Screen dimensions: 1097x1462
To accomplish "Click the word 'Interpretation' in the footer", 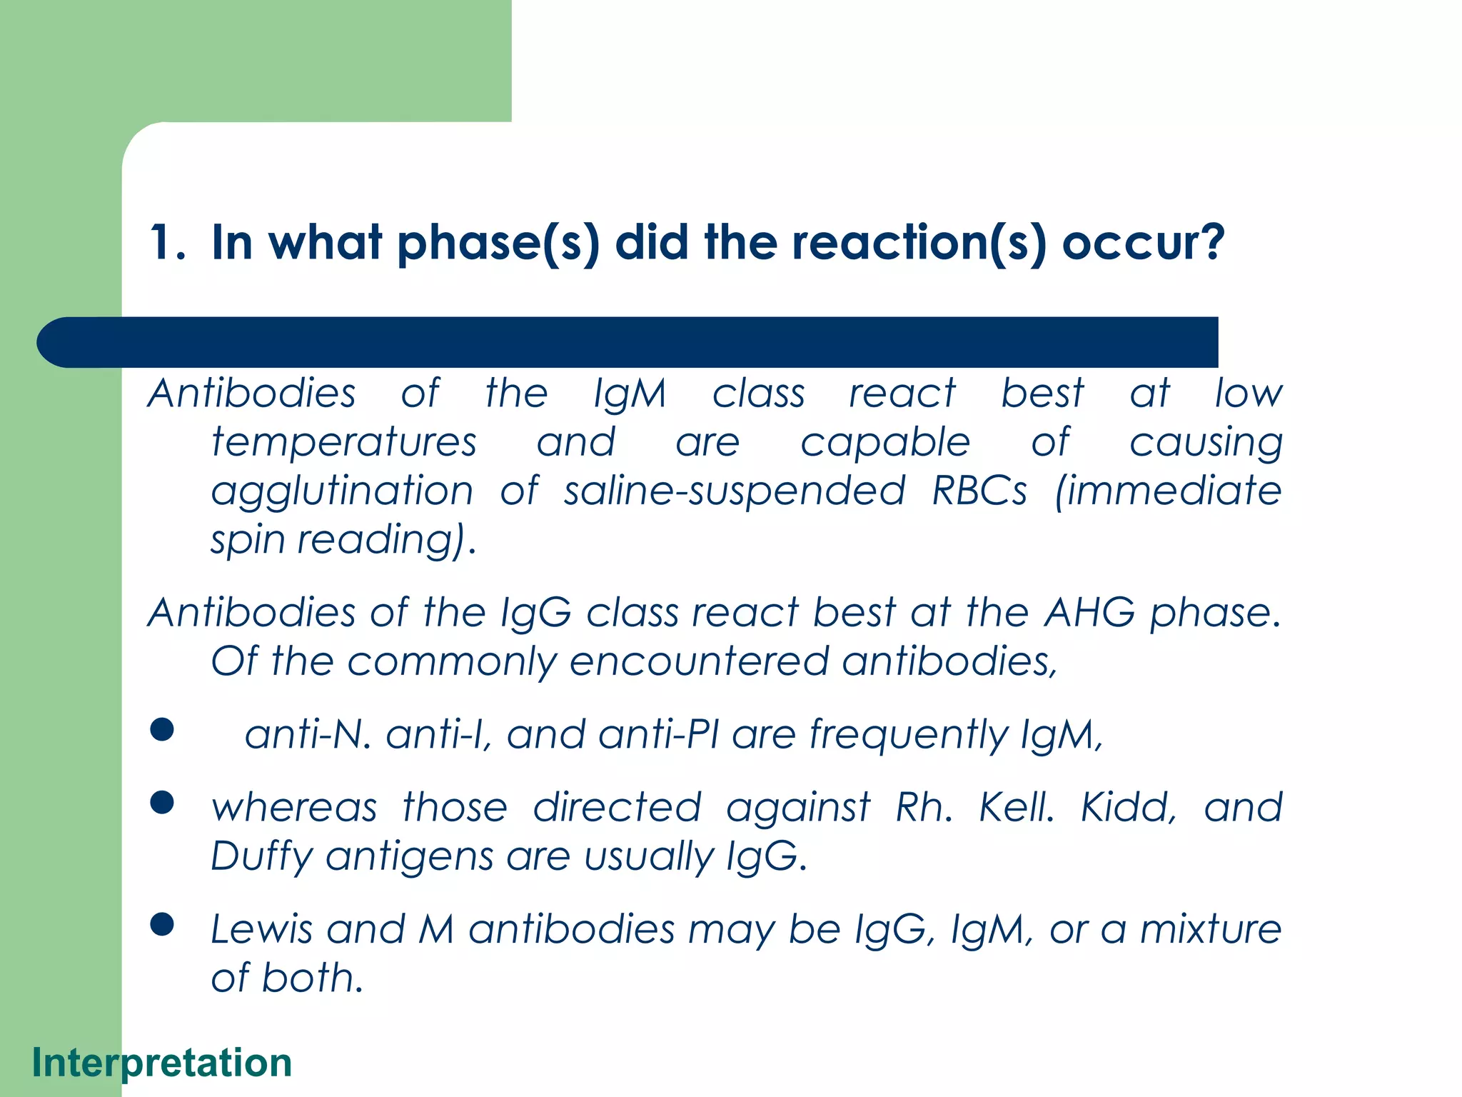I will [162, 1063].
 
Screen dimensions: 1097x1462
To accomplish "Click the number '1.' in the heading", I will [168, 243].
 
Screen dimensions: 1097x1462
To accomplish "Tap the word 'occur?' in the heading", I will [1143, 243].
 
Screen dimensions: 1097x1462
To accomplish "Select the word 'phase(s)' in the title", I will [498, 243].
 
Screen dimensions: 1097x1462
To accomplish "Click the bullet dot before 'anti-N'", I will [163, 729].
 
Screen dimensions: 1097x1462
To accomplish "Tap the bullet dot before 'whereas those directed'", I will [163, 803].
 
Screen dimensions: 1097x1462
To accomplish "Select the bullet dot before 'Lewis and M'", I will [163, 924].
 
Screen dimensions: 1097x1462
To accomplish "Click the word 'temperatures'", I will [344, 443].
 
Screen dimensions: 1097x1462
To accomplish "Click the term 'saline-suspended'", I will [735, 491].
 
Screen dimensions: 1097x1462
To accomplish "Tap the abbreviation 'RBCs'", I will [979, 491].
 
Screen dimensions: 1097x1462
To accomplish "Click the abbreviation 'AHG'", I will [1089, 613].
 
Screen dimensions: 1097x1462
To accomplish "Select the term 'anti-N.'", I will [308, 734].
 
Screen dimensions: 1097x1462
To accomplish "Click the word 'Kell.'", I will [1017, 808].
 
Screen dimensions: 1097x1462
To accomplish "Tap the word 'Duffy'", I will [262, 857].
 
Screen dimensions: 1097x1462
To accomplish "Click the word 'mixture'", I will [1211, 929].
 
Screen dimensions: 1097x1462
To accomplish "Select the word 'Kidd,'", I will [1129, 808].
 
